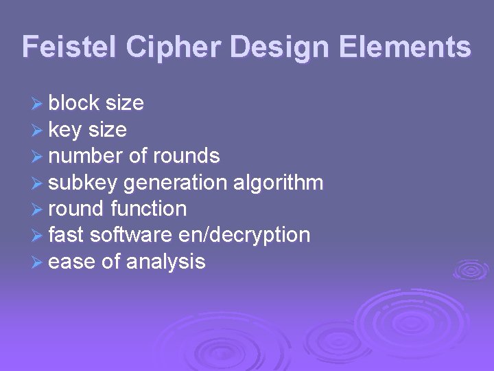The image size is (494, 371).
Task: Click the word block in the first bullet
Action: [x=74, y=103]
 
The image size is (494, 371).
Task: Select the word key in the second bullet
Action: [x=64, y=130]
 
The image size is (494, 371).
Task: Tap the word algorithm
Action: [x=278, y=183]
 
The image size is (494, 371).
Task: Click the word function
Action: [x=148, y=208]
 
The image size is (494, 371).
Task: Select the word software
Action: [x=131, y=235]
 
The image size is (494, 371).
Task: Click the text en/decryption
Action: [x=244, y=235]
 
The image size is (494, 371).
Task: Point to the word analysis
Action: [x=165, y=262]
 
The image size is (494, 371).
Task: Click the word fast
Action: [x=66, y=235]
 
